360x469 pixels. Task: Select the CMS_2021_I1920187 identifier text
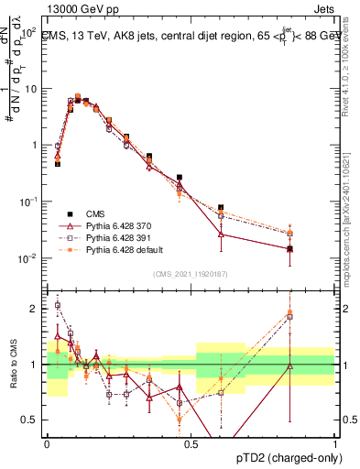pos(191,274)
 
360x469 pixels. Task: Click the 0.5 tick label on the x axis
pos(191,444)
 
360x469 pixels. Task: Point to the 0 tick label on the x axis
pos(47,444)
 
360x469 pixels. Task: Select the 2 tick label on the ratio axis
pos(38,309)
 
